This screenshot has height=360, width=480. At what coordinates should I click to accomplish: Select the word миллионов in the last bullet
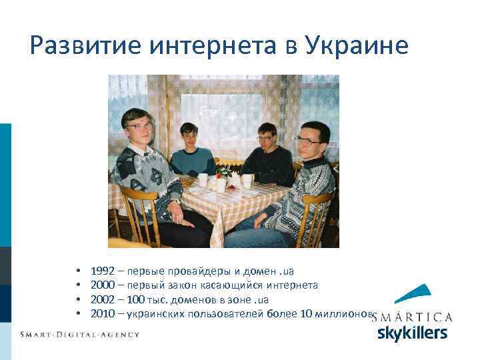click(346, 313)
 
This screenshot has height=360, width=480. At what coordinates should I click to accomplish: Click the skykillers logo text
click(412, 333)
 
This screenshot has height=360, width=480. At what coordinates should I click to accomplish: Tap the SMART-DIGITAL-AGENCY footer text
click(79, 334)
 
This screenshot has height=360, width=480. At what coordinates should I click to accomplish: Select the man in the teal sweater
click(191, 153)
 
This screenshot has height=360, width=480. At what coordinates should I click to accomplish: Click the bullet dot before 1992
click(79, 272)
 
